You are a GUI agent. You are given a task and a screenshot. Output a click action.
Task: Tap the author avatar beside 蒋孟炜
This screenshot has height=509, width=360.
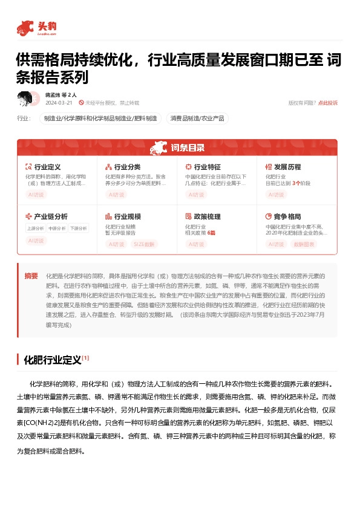[25, 98]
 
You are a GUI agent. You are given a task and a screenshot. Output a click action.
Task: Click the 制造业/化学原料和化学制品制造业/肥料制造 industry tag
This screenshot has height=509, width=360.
[100, 118]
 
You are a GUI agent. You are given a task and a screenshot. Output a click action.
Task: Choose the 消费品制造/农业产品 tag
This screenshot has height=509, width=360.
[197, 118]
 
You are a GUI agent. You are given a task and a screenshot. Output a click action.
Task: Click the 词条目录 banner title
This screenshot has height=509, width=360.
[187, 148]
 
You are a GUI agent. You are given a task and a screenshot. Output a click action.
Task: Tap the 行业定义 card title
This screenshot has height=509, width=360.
[47, 166]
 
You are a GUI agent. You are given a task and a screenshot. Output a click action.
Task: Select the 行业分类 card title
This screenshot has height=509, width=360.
[127, 166]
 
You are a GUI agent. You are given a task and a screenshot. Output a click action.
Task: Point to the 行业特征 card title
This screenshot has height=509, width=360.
[207, 166]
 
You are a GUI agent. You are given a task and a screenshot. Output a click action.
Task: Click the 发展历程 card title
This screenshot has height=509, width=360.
[287, 166]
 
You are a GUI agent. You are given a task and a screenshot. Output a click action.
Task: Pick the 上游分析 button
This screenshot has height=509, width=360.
[35, 229]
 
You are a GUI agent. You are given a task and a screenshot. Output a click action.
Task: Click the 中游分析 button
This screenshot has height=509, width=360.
[56, 229]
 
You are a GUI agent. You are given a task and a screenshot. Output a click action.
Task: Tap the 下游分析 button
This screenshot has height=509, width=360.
[77, 229]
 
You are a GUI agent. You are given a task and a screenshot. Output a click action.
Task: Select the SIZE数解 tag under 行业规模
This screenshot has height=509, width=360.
[143, 244]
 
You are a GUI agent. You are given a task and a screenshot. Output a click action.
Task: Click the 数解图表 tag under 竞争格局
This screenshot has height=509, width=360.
[304, 244]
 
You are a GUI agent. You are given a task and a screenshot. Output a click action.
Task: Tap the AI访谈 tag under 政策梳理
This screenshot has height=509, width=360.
[196, 244]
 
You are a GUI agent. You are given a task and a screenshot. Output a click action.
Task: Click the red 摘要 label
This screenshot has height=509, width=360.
[31, 276]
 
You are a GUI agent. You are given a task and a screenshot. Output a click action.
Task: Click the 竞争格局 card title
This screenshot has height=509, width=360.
[287, 216]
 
